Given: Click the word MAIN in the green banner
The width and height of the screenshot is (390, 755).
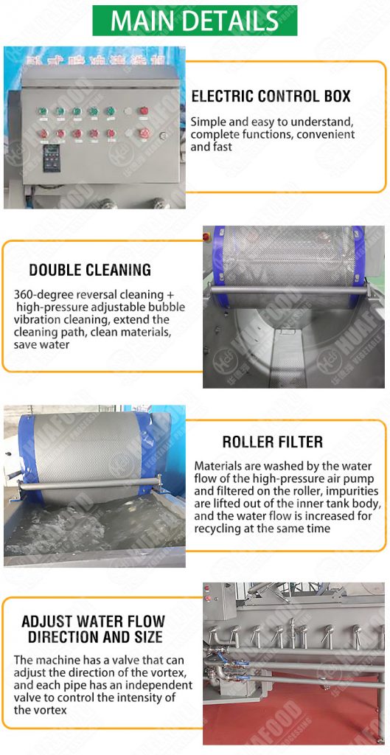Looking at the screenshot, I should click(x=141, y=21).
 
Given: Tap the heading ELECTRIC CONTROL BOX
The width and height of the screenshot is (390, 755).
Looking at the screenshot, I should click(x=271, y=97).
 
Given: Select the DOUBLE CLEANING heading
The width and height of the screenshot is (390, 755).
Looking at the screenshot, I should click(x=90, y=270).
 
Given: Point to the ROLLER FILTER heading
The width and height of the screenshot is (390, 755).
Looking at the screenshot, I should click(x=272, y=442).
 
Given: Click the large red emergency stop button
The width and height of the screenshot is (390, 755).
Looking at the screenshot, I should click(x=146, y=133).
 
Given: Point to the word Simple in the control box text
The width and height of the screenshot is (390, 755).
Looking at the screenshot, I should click(x=208, y=122).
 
